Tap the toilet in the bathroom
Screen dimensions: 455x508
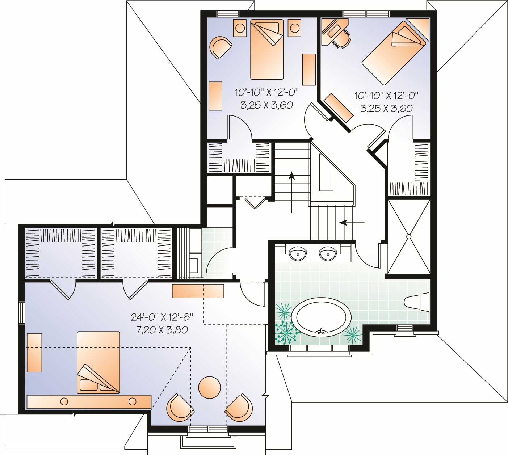click(416, 302)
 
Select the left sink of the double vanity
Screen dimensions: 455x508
click(298, 253)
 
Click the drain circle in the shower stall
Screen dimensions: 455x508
click(408, 236)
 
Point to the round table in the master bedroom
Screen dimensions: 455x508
click(209, 387)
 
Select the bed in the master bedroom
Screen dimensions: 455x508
click(98, 362)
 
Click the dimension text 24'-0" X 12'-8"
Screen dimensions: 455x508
click(162, 317)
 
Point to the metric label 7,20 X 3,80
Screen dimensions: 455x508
click(160, 330)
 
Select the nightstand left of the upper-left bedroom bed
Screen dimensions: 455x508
click(239, 28)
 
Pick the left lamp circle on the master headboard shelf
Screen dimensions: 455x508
click(64, 401)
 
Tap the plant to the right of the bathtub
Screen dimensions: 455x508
click(352, 334)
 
